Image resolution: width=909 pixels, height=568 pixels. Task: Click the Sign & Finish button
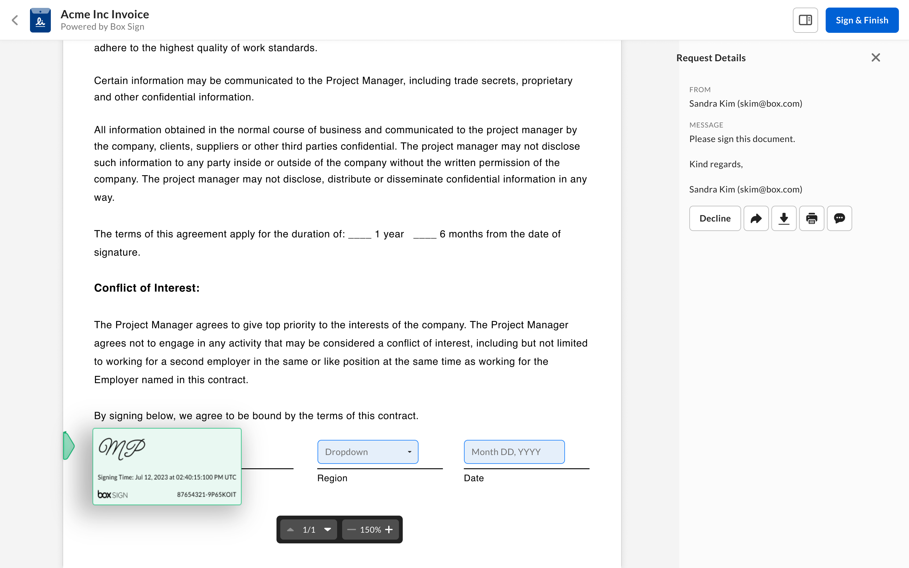click(862, 20)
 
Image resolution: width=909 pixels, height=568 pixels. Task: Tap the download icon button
click(784, 218)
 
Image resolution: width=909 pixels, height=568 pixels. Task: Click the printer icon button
click(812, 218)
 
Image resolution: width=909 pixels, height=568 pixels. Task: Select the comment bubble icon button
click(840, 218)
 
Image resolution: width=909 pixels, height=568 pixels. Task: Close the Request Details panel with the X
click(876, 57)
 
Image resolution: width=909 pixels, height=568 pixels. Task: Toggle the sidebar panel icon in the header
click(805, 20)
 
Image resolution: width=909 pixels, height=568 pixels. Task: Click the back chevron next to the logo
click(15, 20)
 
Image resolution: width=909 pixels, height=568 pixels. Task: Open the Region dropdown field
click(368, 452)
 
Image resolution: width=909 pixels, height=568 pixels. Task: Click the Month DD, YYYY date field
click(514, 452)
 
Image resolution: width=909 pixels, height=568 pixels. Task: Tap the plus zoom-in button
click(389, 530)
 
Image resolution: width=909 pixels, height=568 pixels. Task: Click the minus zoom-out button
click(351, 530)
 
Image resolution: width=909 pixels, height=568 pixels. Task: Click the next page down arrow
click(328, 530)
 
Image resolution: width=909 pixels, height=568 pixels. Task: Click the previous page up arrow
click(290, 530)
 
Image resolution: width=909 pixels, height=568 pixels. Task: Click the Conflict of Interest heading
click(147, 288)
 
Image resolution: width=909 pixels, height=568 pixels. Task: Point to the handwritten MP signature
click(122, 448)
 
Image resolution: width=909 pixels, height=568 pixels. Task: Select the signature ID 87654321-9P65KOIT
click(207, 495)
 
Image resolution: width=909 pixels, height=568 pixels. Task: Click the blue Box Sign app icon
click(40, 20)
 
